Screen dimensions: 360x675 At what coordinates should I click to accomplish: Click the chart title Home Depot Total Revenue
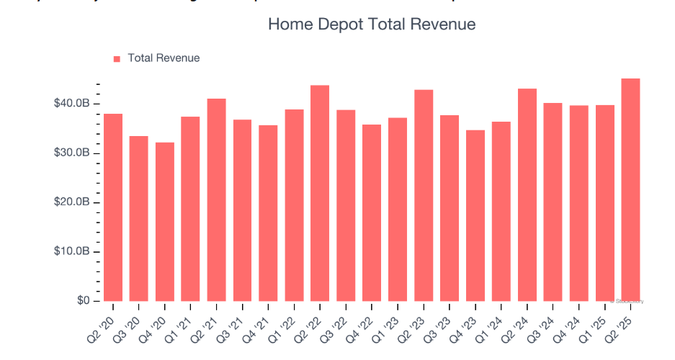[371, 24]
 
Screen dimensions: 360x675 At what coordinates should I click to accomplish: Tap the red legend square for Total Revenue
[117, 58]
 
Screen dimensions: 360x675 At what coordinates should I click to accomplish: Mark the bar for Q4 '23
[475, 215]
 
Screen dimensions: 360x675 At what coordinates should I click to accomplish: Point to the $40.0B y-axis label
[71, 104]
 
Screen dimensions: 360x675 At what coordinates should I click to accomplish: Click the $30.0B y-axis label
[71, 153]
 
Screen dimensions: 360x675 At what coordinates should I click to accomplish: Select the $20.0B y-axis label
[71, 202]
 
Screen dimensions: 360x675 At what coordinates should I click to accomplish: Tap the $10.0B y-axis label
[71, 252]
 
